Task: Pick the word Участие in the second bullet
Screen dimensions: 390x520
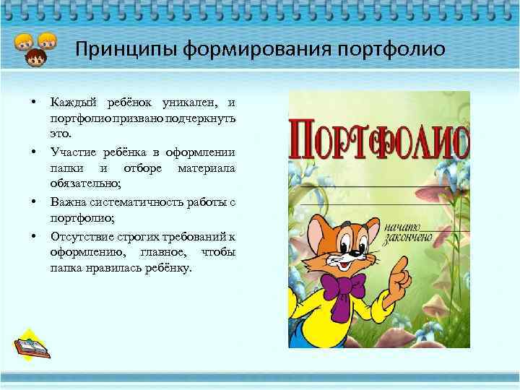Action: pyautogui.click(x=71, y=152)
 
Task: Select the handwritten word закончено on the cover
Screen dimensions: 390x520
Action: pyautogui.click(x=409, y=237)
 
